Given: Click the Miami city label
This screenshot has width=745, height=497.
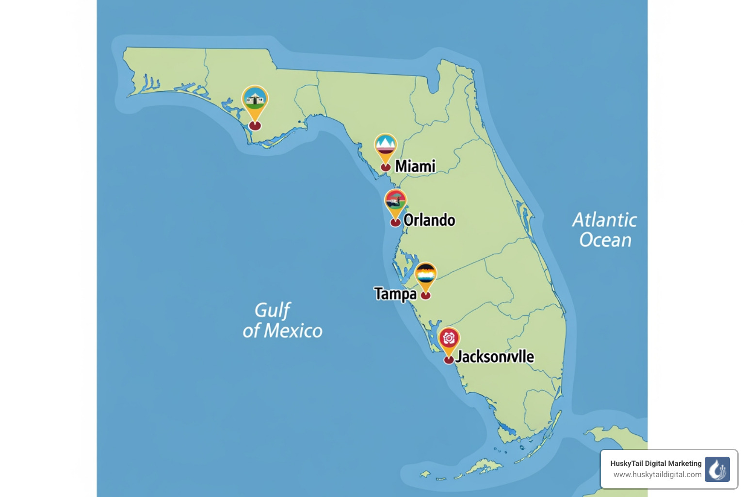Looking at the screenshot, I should (x=415, y=166).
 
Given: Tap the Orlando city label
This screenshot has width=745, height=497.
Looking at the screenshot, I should (x=429, y=220).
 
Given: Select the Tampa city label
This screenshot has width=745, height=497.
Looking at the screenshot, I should (x=395, y=294).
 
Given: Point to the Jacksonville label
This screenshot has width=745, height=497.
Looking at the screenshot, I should (x=495, y=357).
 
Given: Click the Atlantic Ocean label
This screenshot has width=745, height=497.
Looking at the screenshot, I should (x=605, y=230).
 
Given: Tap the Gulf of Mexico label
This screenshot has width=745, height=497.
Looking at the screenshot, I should (x=282, y=320).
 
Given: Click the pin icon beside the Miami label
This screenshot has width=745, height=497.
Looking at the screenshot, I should (x=386, y=147).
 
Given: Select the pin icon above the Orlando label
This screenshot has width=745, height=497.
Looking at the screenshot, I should (x=395, y=201).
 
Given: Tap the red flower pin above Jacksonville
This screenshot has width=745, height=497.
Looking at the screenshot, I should (x=449, y=339).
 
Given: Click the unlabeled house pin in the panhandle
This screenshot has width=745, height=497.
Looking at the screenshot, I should (x=255, y=100).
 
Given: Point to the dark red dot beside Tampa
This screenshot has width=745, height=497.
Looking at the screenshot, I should (x=425, y=295).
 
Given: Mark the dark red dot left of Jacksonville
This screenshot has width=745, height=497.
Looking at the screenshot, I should (x=449, y=360).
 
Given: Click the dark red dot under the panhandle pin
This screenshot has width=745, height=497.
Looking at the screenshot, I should (x=255, y=126).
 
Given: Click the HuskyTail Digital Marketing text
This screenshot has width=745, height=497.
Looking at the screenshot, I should (x=656, y=464).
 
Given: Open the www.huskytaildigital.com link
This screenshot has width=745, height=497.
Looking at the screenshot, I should (x=657, y=475).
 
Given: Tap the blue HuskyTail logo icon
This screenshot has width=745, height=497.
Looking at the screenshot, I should (x=717, y=469).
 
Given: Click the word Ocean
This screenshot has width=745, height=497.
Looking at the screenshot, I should (x=605, y=240).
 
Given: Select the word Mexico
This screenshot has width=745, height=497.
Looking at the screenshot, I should (x=293, y=331).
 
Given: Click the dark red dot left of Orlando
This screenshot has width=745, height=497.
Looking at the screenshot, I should (x=396, y=222).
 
